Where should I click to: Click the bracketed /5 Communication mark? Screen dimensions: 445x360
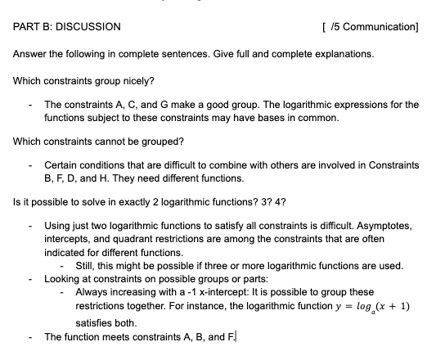click(371, 26)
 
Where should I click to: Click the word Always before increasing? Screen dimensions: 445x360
click(92, 291)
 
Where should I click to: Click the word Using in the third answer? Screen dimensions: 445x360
click(57, 223)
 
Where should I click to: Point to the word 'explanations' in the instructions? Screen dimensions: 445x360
click(343, 54)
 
